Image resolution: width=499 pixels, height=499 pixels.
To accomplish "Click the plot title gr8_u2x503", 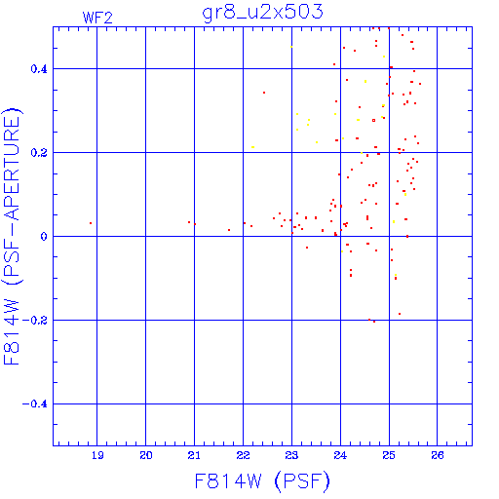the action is click(x=262, y=12).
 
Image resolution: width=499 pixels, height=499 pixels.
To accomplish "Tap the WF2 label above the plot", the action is click(x=97, y=18).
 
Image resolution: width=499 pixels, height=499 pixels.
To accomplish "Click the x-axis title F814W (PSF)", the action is click(x=262, y=481).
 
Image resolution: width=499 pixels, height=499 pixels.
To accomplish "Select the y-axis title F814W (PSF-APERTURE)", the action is click(x=12, y=236).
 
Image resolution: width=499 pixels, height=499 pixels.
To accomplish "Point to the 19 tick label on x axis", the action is click(x=97, y=455).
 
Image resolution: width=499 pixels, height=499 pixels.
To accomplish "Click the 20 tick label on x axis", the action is click(x=146, y=455).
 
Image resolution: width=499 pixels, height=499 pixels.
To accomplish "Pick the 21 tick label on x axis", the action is click(x=194, y=455).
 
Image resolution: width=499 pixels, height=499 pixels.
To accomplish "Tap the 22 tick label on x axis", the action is click(x=243, y=455).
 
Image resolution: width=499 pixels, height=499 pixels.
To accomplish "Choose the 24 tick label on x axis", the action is click(x=340, y=455).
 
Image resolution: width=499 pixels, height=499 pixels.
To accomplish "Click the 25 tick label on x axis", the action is click(x=389, y=455).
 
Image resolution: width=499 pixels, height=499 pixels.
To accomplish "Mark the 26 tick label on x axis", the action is click(x=438, y=455).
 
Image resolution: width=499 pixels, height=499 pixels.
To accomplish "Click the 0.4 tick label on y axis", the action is click(x=39, y=69).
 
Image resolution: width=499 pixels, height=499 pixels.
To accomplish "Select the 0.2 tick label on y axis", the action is click(x=39, y=153).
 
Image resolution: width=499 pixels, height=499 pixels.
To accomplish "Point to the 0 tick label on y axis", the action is click(x=44, y=237).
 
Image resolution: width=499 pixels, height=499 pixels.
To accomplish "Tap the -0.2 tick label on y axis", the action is click(x=34, y=321).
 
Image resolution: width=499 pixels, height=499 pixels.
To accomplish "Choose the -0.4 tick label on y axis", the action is click(x=34, y=404).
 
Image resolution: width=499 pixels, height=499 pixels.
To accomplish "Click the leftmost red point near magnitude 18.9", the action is click(x=91, y=223).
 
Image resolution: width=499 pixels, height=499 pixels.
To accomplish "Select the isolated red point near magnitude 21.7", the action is click(x=229, y=230).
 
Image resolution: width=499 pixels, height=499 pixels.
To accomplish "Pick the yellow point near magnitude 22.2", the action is click(x=252, y=147).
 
